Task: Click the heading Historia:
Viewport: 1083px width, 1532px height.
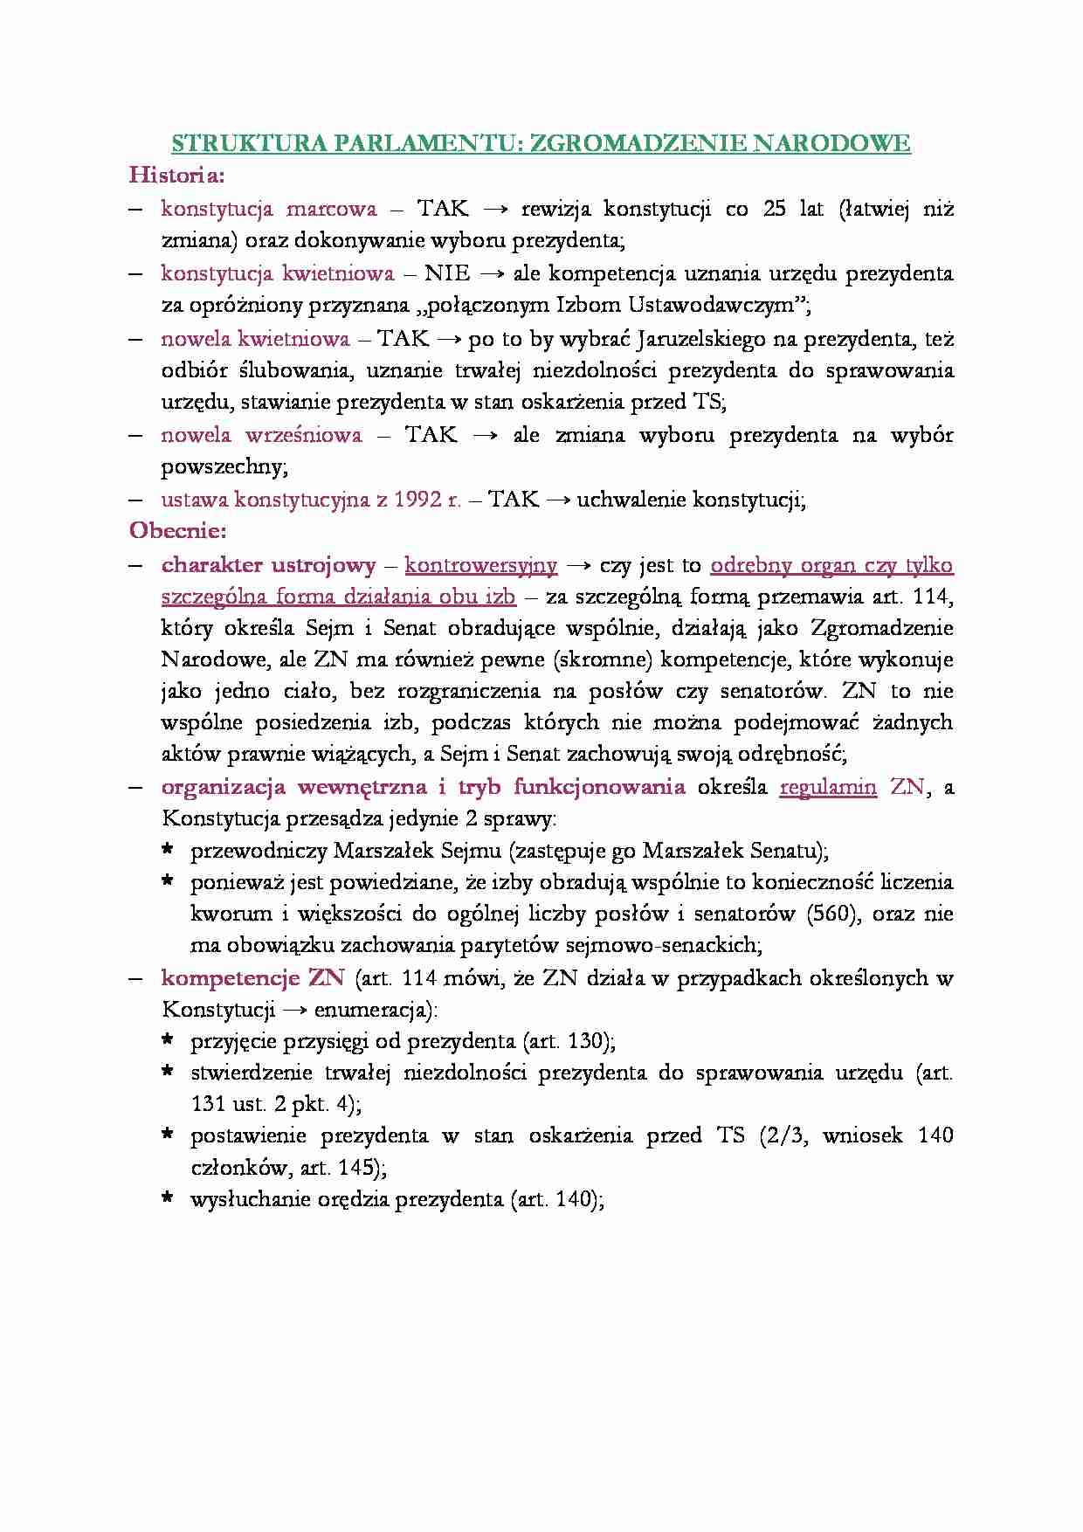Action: (177, 176)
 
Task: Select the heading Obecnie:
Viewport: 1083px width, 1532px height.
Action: (178, 531)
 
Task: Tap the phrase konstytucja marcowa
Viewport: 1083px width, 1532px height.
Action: (269, 210)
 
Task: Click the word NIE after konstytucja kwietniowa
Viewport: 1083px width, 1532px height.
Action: (447, 274)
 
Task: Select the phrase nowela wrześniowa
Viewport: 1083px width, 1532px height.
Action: (261, 435)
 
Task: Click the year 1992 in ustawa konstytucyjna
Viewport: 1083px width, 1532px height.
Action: (412, 500)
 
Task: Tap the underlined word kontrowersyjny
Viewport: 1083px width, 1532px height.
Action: (480, 565)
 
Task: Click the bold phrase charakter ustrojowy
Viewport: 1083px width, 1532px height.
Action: (268, 565)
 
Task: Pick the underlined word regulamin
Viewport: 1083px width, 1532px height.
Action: (828, 787)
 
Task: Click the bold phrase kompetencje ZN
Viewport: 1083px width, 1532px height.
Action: (253, 978)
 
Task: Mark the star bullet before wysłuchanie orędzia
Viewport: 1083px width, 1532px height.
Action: (168, 1198)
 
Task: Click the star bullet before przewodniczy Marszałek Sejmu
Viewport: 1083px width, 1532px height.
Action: (168, 850)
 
